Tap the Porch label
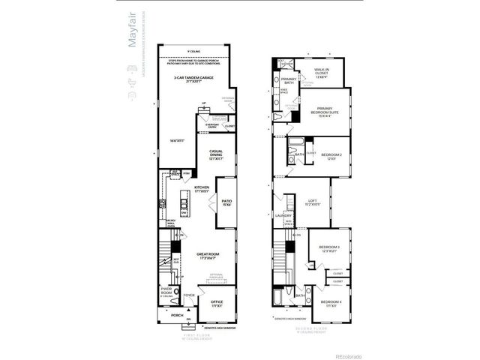point(177,315)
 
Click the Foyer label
point(190,295)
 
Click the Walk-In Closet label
point(322,72)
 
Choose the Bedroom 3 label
point(329,249)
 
